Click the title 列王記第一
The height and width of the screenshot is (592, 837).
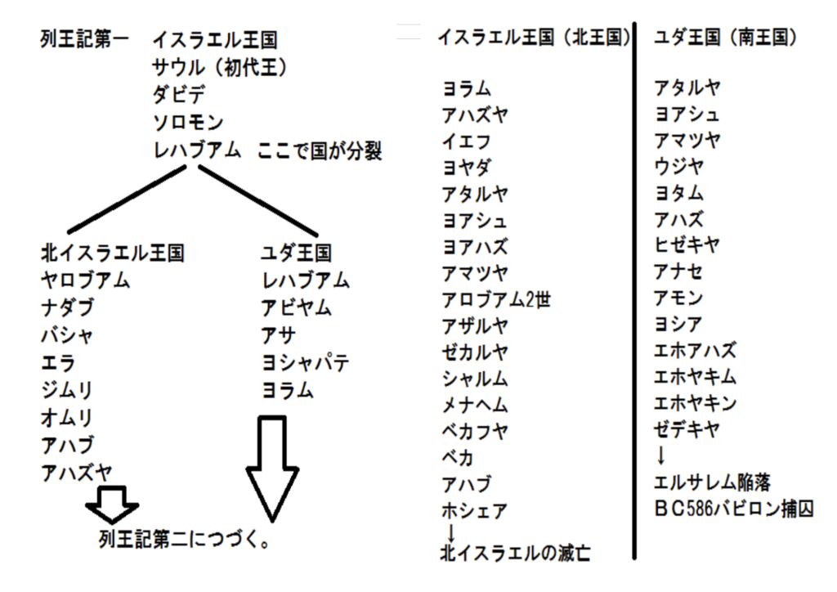click(x=84, y=39)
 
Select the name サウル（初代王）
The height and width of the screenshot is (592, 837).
click(x=220, y=67)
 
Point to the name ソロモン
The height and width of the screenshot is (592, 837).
click(x=188, y=123)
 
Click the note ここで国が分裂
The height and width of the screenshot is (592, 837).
click(x=320, y=151)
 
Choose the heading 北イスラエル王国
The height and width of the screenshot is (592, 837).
click(x=113, y=253)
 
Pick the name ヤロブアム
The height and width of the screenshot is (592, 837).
click(x=85, y=280)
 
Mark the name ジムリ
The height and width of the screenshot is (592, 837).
click(x=67, y=390)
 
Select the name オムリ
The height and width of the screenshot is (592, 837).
click(x=67, y=418)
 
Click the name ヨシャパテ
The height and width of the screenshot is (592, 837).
click(x=306, y=363)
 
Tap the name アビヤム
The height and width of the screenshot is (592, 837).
click(x=296, y=308)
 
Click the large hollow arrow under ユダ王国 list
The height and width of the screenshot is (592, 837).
click(x=272, y=469)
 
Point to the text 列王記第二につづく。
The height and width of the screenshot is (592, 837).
click(x=185, y=540)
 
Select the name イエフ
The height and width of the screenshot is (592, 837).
click(x=466, y=141)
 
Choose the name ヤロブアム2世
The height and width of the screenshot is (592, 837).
click(x=496, y=300)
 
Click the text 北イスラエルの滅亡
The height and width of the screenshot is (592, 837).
click(x=515, y=554)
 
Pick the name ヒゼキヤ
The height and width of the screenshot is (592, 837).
click(x=687, y=245)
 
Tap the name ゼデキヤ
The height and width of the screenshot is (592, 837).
click(x=687, y=429)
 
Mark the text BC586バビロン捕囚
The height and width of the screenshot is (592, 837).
click(x=734, y=509)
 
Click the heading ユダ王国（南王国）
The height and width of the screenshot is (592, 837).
click(x=726, y=38)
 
